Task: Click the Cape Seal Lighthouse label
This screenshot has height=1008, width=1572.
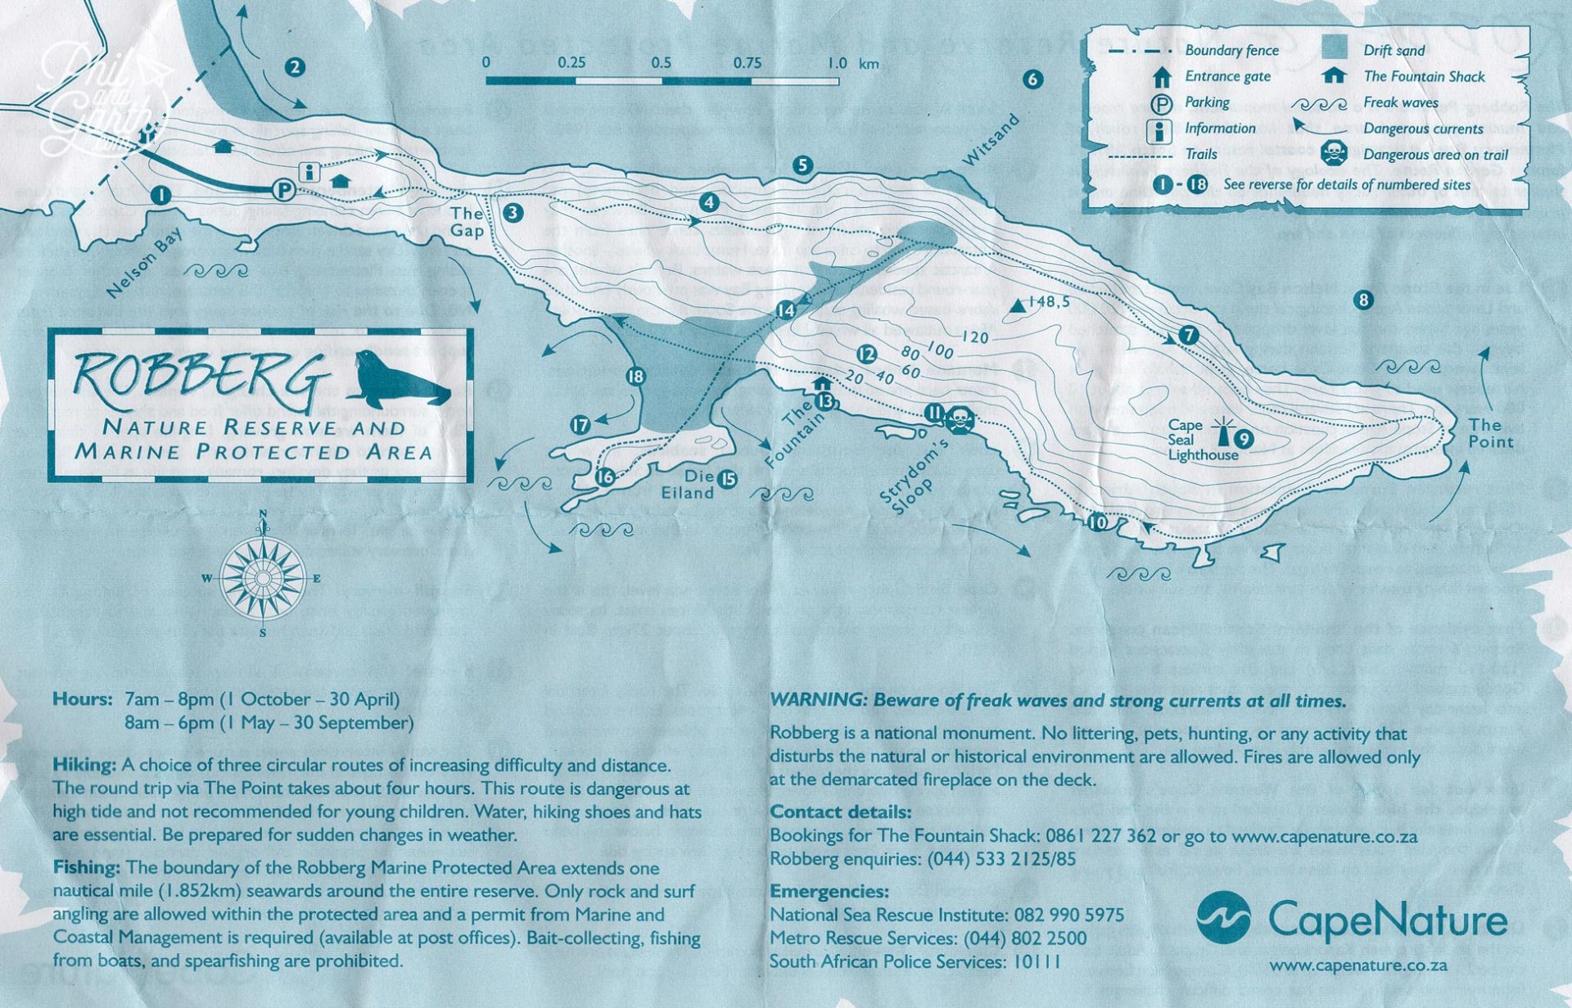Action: (1202, 440)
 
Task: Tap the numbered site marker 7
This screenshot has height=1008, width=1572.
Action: (1188, 334)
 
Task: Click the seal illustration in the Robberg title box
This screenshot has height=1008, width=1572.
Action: (401, 379)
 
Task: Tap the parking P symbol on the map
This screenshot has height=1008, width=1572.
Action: (283, 190)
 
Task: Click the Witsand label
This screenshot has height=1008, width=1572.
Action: (991, 139)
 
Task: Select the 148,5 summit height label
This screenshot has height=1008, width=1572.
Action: (1048, 302)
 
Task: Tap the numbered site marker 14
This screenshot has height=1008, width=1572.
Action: (785, 310)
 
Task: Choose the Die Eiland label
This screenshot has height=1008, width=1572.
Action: (688, 484)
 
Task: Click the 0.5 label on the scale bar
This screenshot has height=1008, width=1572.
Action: (661, 63)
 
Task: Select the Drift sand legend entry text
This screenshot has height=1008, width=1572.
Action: (1394, 50)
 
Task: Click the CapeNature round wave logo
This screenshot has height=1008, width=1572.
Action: (1223, 917)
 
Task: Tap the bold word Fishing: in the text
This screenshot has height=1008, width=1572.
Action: (87, 867)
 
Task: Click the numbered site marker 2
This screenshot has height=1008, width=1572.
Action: (295, 67)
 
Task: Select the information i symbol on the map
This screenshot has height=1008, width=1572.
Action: (309, 172)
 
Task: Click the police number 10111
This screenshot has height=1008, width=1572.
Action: (1037, 961)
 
